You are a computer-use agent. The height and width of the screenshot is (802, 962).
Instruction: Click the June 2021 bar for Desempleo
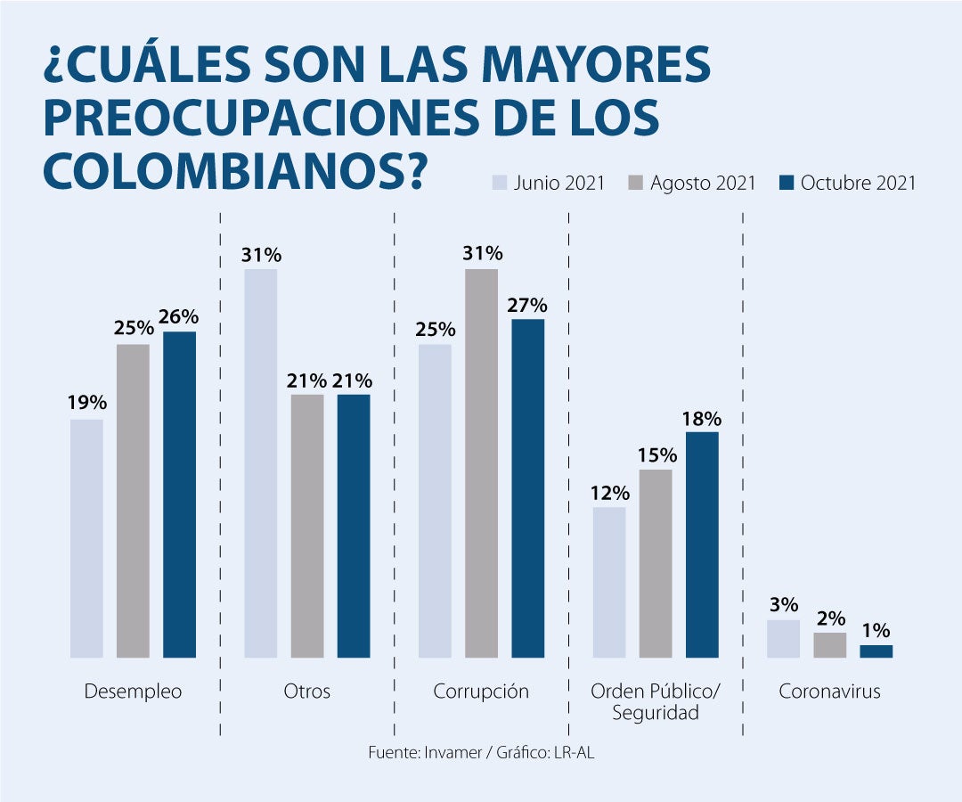86,538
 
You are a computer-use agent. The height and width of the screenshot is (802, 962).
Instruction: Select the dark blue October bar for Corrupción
527,488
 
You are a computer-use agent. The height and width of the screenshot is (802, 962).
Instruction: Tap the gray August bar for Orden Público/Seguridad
656,563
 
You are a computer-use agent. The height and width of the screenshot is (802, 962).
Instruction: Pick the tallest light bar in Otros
261,463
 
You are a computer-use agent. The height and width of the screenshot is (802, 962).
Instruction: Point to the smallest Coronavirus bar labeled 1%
876,651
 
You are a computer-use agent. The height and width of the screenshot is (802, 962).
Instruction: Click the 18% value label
702,419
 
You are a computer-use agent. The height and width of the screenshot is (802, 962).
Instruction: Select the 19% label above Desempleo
86,404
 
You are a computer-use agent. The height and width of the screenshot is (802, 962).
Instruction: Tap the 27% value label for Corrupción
527,306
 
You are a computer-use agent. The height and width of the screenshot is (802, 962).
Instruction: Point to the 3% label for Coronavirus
784,605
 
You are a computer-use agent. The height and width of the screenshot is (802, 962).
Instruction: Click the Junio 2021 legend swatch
500,184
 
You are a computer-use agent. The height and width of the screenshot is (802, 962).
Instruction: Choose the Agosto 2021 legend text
703,184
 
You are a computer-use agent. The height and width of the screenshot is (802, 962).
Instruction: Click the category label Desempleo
133,692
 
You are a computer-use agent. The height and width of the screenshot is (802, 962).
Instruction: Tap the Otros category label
306,692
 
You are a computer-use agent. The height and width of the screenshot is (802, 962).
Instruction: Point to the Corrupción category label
481,692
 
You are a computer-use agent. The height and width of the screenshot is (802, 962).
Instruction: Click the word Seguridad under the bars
656,713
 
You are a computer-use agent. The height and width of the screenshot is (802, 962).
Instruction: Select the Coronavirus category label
829,692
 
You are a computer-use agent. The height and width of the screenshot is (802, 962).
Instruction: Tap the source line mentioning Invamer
481,753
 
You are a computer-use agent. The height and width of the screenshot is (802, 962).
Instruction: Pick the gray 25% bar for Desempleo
133,501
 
